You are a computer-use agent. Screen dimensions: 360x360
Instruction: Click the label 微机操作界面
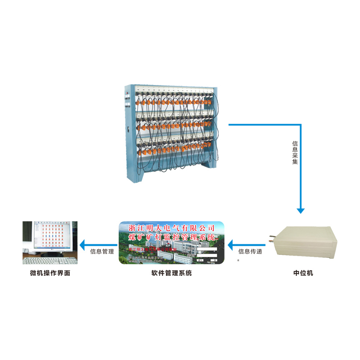pyautogui.click(x=50, y=273)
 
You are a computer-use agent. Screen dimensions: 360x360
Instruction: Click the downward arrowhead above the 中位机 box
pyautogui.click(x=300, y=210)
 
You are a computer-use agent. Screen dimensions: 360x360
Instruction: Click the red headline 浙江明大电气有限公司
pyautogui.click(x=171, y=228)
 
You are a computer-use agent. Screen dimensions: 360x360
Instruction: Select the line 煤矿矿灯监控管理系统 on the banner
pyautogui.click(x=171, y=237)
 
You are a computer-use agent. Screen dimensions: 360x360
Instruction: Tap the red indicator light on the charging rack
pyautogui.click(x=127, y=94)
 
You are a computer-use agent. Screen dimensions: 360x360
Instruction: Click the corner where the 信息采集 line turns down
pyautogui.click(x=300, y=124)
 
